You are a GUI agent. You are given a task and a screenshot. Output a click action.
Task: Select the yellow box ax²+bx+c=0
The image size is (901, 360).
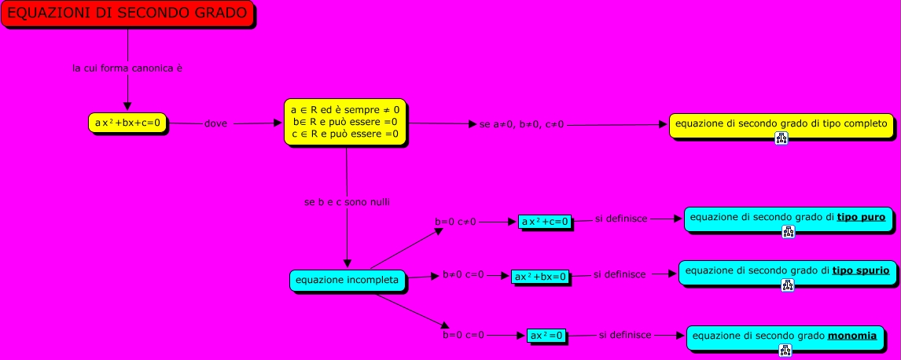point(127,123)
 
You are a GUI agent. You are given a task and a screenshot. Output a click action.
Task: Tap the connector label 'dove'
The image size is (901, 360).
point(215,124)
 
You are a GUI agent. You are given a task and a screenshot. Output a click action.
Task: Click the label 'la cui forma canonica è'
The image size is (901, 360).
point(127,68)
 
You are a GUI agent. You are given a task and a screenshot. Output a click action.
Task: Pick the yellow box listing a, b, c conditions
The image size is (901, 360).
point(346,122)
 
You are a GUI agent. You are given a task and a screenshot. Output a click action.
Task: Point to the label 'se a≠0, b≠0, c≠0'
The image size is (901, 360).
point(521,124)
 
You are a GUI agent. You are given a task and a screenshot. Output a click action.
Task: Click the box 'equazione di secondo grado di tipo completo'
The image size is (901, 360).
point(781,123)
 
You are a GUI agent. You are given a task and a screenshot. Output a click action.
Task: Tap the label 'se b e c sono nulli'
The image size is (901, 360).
point(348,202)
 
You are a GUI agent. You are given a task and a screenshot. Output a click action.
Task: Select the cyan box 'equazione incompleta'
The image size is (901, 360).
point(347,279)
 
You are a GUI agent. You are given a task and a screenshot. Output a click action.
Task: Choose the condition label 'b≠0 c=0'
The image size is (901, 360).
point(463,275)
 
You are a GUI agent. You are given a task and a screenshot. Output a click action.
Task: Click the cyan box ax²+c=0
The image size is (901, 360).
point(545,222)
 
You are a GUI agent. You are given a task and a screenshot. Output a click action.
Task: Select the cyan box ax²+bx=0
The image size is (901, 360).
point(539,276)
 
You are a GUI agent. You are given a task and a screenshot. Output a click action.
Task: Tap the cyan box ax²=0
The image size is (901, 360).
point(547,336)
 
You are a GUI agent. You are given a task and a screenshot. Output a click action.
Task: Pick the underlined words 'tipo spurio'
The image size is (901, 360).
point(860,270)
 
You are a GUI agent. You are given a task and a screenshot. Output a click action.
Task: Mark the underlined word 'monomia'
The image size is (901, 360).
point(852,336)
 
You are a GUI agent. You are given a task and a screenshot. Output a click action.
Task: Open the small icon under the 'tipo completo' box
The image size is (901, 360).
point(781,138)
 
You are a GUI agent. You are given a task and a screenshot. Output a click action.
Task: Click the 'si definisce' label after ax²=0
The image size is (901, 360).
point(624,335)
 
